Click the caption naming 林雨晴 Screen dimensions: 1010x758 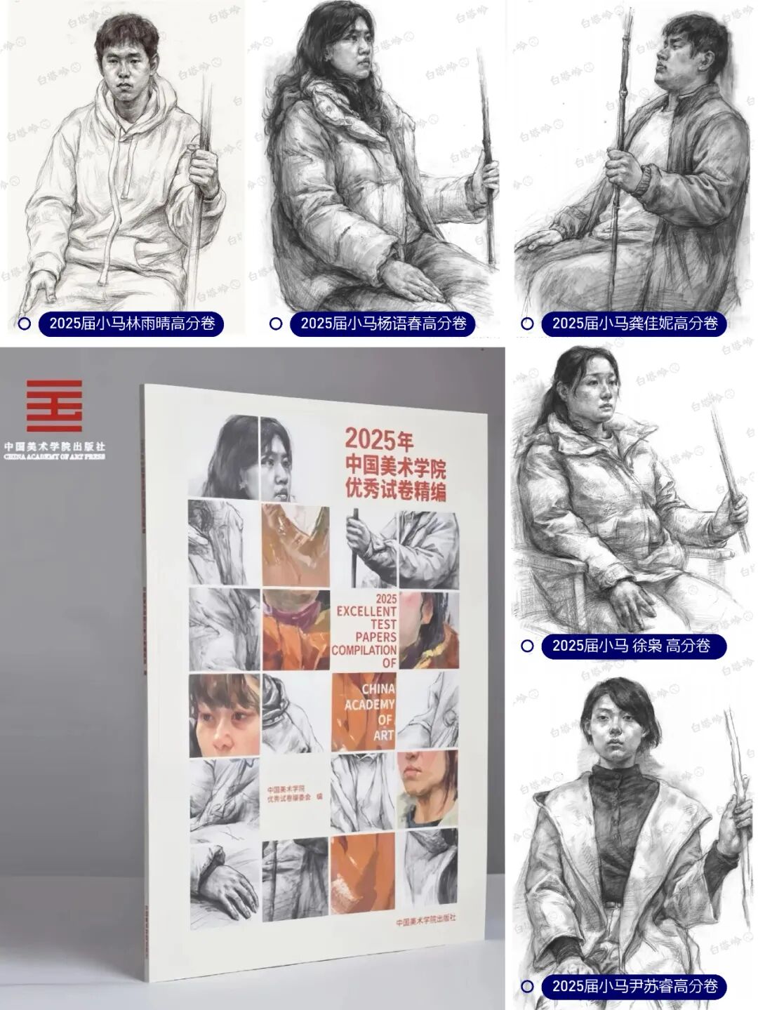(x=131, y=324)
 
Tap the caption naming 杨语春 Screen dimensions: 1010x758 (x=383, y=324)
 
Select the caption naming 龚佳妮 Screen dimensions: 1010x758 (x=634, y=324)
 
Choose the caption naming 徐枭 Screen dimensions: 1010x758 (x=632, y=646)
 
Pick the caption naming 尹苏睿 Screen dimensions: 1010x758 (x=634, y=986)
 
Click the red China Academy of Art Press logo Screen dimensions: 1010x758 (x=54, y=406)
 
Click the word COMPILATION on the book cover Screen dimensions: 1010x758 (x=364, y=650)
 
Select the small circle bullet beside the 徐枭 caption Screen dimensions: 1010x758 (x=527, y=646)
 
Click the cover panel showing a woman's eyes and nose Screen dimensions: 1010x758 (x=222, y=715)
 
